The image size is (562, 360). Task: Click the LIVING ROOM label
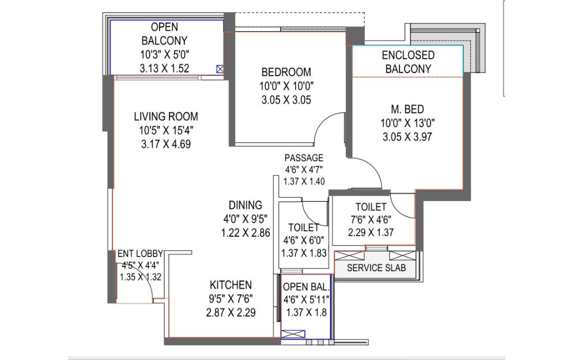click(166, 116)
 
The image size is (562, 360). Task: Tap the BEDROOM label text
click(286, 72)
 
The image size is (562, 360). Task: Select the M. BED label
click(407, 109)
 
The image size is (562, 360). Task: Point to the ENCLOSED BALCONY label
click(408, 62)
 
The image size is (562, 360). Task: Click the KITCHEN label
click(231, 285)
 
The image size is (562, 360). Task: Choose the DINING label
click(246, 205)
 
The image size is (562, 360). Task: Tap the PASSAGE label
click(304, 158)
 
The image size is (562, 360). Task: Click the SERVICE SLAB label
click(376, 268)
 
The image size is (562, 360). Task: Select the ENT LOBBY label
click(140, 253)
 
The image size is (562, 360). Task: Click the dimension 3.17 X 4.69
click(166, 144)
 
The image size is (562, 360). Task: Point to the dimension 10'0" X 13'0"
click(408, 123)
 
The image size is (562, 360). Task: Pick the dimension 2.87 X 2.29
click(231, 312)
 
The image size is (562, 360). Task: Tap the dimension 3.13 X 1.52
click(164, 68)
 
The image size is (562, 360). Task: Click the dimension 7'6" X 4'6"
click(371, 219)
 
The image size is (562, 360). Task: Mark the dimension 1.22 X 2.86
click(246, 233)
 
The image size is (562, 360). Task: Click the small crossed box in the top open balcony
click(220, 69)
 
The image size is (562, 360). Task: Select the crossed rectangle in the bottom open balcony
click(293, 334)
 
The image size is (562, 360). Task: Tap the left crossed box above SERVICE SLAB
click(349, 256)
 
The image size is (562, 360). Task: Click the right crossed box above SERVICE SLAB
click(402, 256)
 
